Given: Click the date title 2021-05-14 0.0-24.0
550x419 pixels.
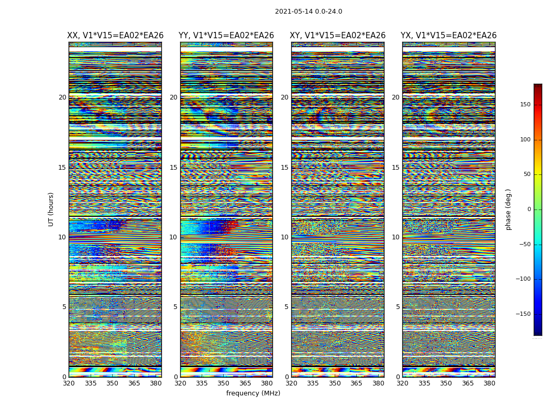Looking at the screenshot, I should (308, 12).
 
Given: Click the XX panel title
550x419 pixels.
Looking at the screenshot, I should (115, 36).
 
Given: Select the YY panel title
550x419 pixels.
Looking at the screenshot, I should (226, 36).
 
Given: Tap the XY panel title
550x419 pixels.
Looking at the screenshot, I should (338, 36).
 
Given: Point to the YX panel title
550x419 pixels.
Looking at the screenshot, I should (448, 36).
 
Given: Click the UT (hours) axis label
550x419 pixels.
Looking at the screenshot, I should (51, 209).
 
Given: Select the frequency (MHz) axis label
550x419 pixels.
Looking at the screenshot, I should (253, 393).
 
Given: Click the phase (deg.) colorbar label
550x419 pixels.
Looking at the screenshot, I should (508, 209).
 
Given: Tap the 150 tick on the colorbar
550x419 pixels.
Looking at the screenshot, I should (525, 105).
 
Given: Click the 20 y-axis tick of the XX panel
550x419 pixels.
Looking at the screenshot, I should (62, 97).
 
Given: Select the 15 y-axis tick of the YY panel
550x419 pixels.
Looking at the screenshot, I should (173, 168).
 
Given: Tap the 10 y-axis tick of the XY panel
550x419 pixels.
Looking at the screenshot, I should (284, 237).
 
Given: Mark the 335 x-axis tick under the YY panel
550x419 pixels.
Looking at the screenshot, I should (202, 383).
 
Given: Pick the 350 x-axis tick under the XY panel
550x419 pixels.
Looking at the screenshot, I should (335, 383).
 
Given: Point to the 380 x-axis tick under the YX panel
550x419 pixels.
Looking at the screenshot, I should (489, 383).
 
